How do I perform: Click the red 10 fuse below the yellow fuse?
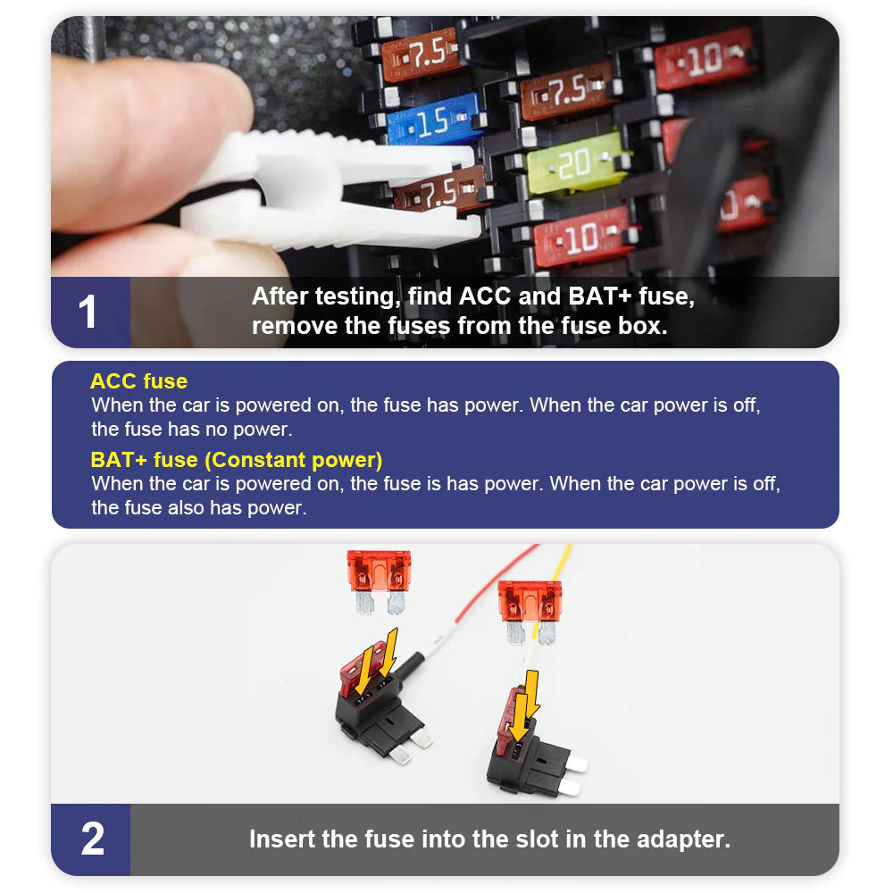point(582,237)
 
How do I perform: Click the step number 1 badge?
point(90,312)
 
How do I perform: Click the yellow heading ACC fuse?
point(138,381)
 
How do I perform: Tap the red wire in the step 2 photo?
point(482,589)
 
